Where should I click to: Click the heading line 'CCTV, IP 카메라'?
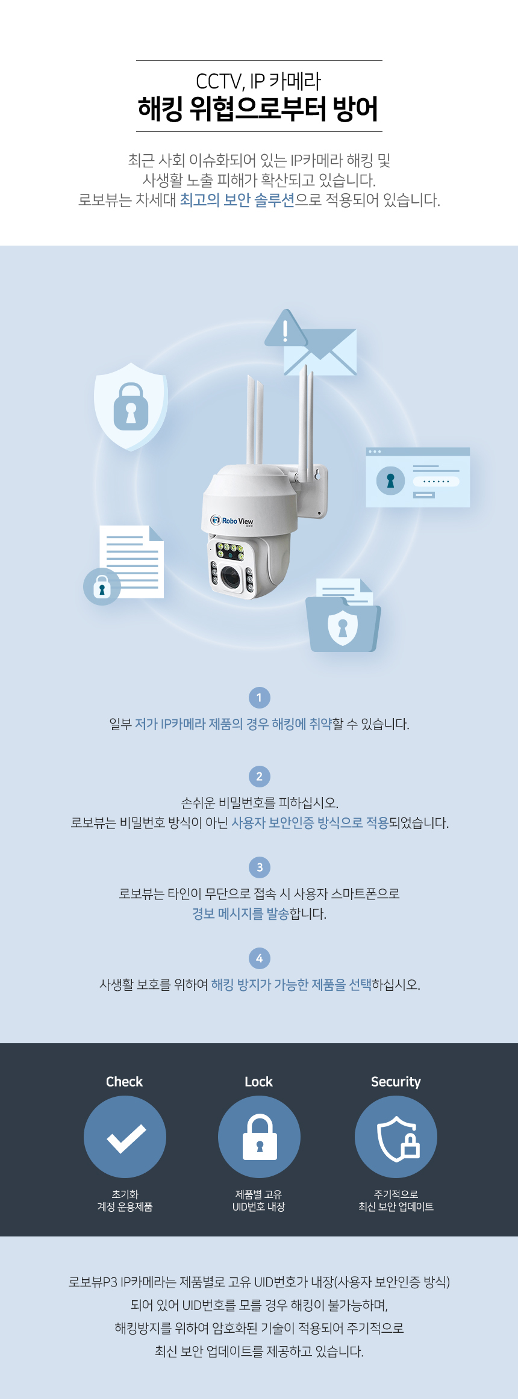pos(258,81)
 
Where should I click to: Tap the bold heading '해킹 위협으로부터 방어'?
pos(258,109)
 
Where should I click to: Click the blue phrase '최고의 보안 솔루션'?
pos(237,200)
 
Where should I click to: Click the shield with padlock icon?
pos(131,406)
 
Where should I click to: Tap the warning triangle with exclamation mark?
pos(286,329)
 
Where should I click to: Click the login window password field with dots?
pos(436,482)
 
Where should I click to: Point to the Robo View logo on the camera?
pos(232,521)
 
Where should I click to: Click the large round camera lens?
pos(231,577)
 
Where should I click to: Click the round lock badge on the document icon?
pos(102,586)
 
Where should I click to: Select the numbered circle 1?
pos(260,698)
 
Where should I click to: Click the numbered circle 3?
pos(260,867)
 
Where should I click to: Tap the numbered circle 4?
pos(260,958)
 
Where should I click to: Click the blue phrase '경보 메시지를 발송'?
pos(240,914)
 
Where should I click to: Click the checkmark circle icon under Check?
pos(125,1137)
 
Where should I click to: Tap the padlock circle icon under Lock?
pos(259,1137)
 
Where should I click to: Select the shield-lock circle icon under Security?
pos(396,1137)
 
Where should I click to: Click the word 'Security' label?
pos(396,1082)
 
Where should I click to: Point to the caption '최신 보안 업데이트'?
pos(396,1206)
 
